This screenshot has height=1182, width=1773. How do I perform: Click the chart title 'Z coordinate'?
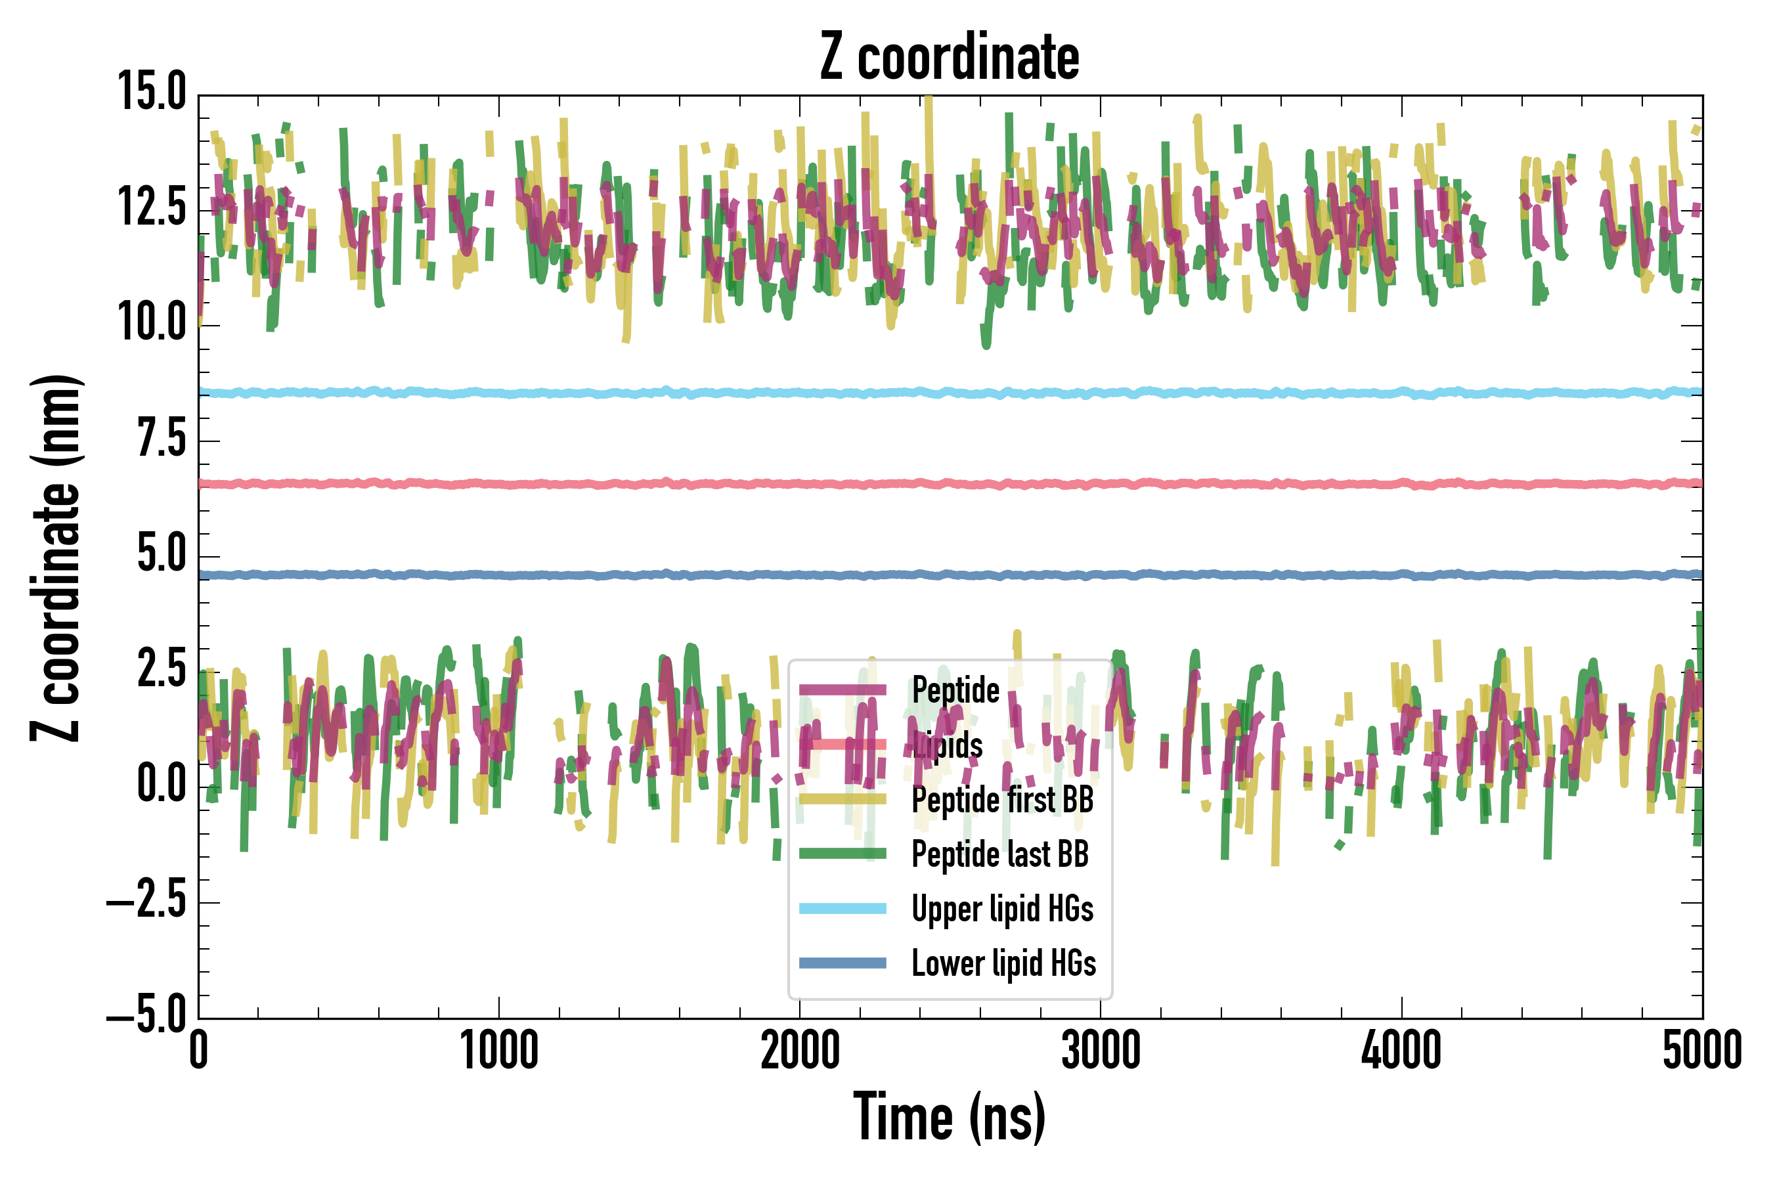(x=949, y=57)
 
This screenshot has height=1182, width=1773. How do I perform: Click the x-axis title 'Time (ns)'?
(x=949, y=1117)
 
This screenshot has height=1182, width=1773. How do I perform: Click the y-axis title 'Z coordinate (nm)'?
(x=56, y=558)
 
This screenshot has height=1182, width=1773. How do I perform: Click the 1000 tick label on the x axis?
(x=499, y=1051)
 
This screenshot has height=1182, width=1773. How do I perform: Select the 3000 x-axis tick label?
(x=1101, y=1051)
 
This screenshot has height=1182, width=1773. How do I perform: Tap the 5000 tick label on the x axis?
(x=1702, y=1051)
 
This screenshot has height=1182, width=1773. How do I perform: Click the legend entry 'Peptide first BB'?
(x=1002, y=800)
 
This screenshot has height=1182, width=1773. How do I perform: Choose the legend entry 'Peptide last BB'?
(x=999, y=854)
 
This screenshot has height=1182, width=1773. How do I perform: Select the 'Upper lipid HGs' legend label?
(x=1002, y=909)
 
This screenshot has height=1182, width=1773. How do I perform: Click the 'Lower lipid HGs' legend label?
(x=1003, y=963)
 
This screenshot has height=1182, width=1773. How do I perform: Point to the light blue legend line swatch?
(x=842, y=908)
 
